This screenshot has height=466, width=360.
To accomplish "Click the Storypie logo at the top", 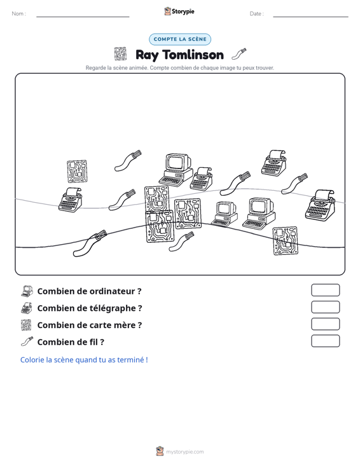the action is [179, 11].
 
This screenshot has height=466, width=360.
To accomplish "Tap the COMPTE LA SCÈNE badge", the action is [180, 39].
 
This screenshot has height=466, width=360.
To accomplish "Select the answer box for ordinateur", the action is [325, 290].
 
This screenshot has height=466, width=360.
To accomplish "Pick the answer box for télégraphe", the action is [325, 307].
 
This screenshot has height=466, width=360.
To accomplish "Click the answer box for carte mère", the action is [325, 324].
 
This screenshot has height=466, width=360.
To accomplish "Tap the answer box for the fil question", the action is [325, 341].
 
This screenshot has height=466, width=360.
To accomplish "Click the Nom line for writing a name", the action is [83, 17].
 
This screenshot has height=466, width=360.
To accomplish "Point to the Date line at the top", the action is [310, 17].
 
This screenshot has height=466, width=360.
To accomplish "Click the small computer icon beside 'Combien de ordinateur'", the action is [27, 291].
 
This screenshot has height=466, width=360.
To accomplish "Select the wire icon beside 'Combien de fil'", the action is [27, 341].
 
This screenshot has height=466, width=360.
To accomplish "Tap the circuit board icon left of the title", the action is [120, 54].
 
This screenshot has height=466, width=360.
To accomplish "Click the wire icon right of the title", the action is [239, 54].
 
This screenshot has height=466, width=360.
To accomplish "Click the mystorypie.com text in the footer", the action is [184, 452].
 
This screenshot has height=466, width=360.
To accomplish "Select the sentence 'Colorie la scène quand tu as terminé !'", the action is [84, 360].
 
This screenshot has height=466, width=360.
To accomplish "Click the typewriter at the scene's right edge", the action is [320, 205].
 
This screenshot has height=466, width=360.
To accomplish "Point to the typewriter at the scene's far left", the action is [70, 200].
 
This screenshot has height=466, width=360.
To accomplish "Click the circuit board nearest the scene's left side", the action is [77, 171].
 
